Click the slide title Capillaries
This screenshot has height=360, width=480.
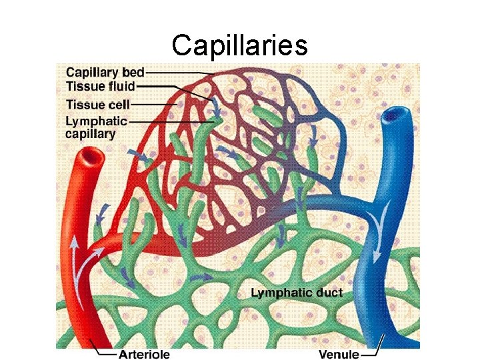(239, 45)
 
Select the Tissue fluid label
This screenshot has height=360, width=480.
(100, 86)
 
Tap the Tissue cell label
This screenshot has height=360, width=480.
(97, 104)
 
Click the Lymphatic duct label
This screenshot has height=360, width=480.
(297, 293)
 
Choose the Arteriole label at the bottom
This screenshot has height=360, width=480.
(144, 355)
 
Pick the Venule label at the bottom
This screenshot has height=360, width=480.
(339, 355)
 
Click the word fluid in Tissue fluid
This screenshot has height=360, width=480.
(121, 86)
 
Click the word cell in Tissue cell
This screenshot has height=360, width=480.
(119, 104)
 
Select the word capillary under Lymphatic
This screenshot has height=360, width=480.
(90, 133)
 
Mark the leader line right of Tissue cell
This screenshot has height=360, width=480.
(153, 104)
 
